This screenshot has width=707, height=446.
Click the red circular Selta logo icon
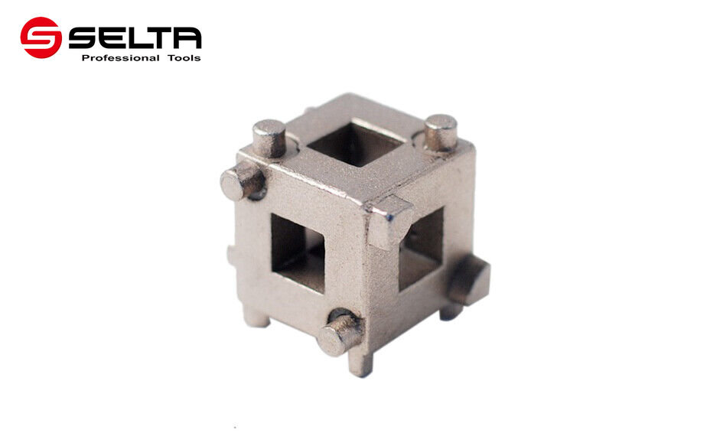[x=41, y=37]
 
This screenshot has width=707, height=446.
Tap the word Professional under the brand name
[x=120, y=58]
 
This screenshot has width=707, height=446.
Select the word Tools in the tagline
[x=184, y=58]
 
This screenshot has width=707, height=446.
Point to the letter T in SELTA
[x=163, y=37]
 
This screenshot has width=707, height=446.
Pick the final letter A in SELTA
[x=187, y=37]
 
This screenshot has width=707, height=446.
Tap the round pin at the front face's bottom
[x=339, y=334]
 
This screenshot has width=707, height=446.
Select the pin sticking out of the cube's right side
[x=468, y=279]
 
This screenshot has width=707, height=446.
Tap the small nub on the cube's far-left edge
[x=230, y=253]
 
